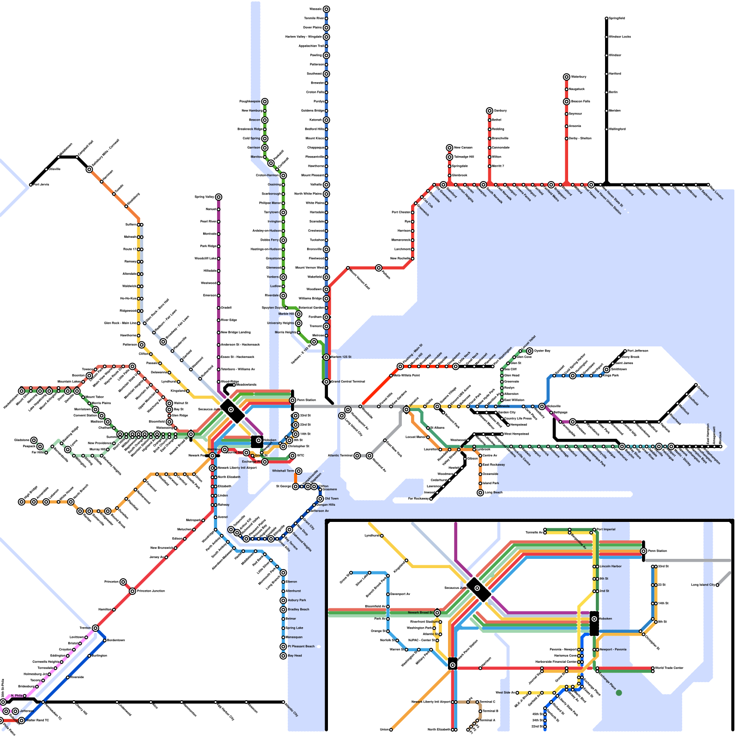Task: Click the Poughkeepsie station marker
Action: pyautogui.click(x=265, y=102)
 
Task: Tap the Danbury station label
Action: pyautogui.click(x=500, y=110)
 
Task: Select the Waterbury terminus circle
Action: pyautogui.click(x=567, y=77)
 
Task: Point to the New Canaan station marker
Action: pyautogui.click(x=449, y=148)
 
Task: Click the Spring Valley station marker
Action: pyautogui.click(x=218, y=197)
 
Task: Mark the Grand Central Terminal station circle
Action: pyautogui.click(x=327, y=382)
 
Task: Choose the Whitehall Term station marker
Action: pyautogui.click(x=299, y=471)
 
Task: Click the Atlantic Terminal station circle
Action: pyautogui.click(x=357, y=456)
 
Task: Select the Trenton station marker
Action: pyautogui.click(x=95, y=628)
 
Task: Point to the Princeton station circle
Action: pyautogui.click(x=123, y=582)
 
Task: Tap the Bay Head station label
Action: pyautogui.click(x=295, y=656)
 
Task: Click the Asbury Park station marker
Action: pyautogui.click(x=283, y=600)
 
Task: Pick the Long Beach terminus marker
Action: pyautogui.click(x=480, y=493)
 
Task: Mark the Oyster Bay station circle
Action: pyautogui.click(x=530, y=351)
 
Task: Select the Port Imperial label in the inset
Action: pyautogui.click(x=606, y=529)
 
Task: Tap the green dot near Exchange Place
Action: pyautogui.click(x=619, y=692)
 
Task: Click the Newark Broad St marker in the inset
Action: pyautogui.click(x=437, y=612)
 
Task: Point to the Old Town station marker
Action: pyautogui.click(x=320, y=499)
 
